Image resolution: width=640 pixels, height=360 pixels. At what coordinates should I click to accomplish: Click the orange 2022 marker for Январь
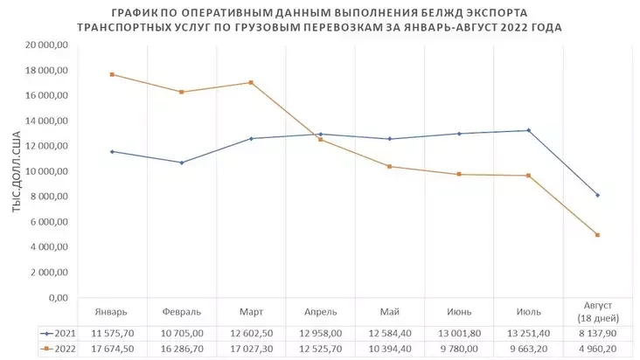pos(112,74)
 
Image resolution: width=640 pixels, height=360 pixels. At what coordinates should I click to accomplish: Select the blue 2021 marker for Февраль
pos(182,163)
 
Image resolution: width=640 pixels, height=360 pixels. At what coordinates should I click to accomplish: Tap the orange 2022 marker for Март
pos(251,83)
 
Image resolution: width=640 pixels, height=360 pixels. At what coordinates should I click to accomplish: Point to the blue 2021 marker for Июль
pos(528,130)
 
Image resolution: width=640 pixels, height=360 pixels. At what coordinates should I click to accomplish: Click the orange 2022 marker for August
pos(597,235)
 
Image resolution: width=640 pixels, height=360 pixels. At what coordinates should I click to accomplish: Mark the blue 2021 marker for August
pos(597,195)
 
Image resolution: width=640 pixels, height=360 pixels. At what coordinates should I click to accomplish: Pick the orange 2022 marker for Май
pos(390,167)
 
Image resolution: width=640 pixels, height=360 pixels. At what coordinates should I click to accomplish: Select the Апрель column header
pos(321,312)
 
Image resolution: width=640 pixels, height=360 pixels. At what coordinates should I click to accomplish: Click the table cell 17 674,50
pos(112,348)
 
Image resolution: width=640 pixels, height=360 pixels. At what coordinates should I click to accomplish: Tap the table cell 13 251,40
pos(528,334)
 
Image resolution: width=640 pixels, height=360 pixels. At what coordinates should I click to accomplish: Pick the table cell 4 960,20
pos(597,348)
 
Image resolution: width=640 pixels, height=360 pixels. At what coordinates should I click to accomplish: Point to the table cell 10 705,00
pos(182,334)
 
